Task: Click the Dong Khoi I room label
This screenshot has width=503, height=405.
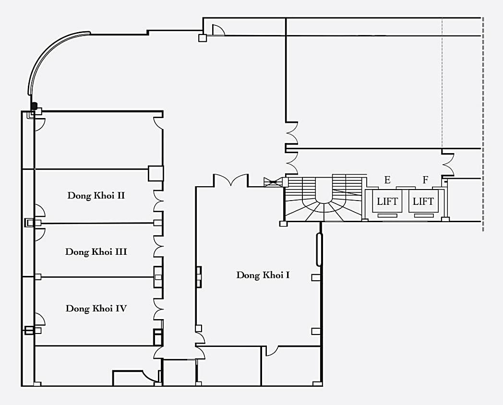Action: pyautogui.click(x=263, y=275)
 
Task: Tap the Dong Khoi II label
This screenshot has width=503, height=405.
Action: pyautogui.click(x=96, y=195)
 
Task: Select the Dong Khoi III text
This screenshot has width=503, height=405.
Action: pyautogui.click(x=96, y=252)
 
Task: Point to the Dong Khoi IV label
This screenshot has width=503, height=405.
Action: pyautogui.click(x=96, y=308)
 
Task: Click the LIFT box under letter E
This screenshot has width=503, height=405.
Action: pyautogui.click(x=387, y=202)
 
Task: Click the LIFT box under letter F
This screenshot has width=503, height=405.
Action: pyautogui.click(x=423, y=202)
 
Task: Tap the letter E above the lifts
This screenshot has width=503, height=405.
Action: pyautogui.click(x=387, y=180)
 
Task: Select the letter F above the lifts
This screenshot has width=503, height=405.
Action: pyautogui.click(x=425, y=180)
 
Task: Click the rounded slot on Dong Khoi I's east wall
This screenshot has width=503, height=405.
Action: pyautogui.click(x=319, y=250)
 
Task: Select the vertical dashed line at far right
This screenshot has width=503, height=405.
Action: pyautogui.click(x=483, y=124)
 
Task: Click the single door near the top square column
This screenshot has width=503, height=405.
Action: pyautogui.click(x=218, y=30)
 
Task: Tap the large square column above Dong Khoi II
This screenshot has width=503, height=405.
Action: pyautogui.click(x=156, y=174)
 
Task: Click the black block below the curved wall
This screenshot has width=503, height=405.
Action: pyautogui.click(x=35, y=106)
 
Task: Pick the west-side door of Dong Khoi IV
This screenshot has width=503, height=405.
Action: pyautogui.click(x=40, y=320)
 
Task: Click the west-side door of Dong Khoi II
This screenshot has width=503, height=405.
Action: pyautogui.click(x=40, y=211)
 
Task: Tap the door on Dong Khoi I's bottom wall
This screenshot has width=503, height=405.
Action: pyautogui.click(x=272, y=351)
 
